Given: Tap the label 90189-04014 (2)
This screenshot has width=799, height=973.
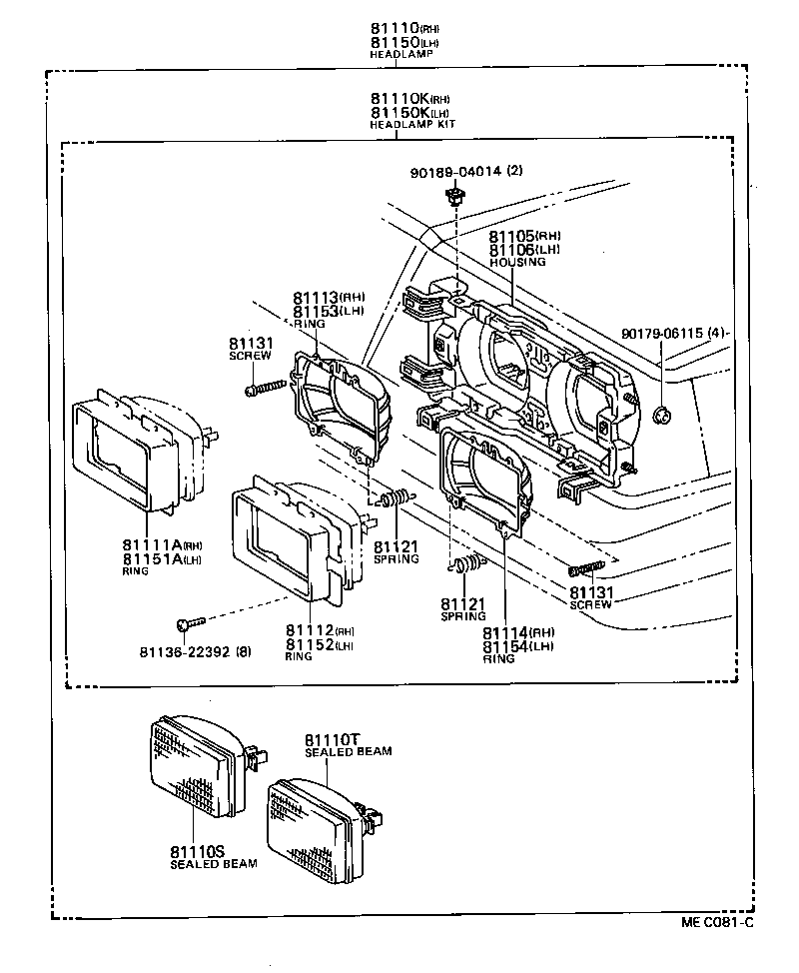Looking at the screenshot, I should coord(465,172).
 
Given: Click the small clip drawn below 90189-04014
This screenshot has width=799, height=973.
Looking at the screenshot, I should coord(455,197).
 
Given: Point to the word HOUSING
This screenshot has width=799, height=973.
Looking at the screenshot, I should coord(517,262).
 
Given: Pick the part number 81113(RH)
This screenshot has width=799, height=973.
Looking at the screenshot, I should coord(329,298).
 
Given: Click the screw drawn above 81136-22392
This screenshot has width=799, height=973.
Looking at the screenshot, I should coord(187,624).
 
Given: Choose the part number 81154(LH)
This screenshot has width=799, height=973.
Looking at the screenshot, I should coord(517,646).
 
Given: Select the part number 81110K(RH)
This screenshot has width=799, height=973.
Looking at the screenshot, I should coord(408,99).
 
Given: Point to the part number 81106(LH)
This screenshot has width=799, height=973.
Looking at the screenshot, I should coord(524,250).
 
